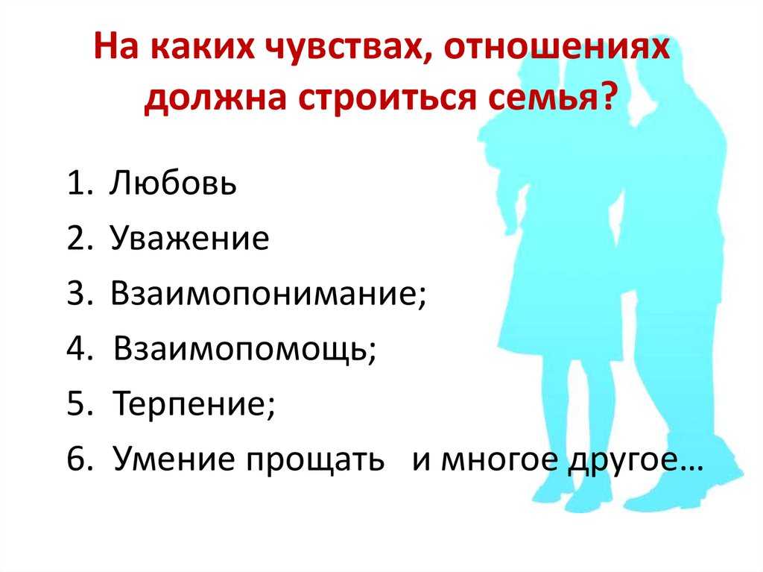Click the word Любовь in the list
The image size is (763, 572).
[173, 183]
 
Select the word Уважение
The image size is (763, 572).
[190, 238]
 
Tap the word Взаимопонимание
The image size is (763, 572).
[265, 293]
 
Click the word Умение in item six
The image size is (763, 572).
[174, 459]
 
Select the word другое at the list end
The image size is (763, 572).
[624, 461]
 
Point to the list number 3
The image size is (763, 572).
[77, 293]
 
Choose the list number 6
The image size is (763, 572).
[77, 459]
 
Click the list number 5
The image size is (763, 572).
[77, 404]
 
